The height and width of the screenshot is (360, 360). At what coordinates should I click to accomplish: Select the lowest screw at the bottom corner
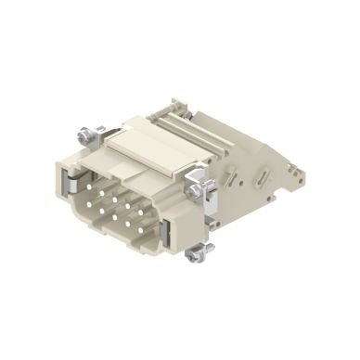(x=197, y=251)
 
